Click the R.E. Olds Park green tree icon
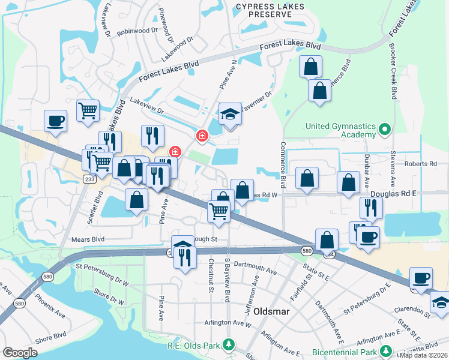(228, 344)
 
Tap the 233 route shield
(90, 179)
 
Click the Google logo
(20, 352)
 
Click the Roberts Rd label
(420, 164)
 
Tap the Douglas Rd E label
(392, 194)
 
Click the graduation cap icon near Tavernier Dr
(229, 115)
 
